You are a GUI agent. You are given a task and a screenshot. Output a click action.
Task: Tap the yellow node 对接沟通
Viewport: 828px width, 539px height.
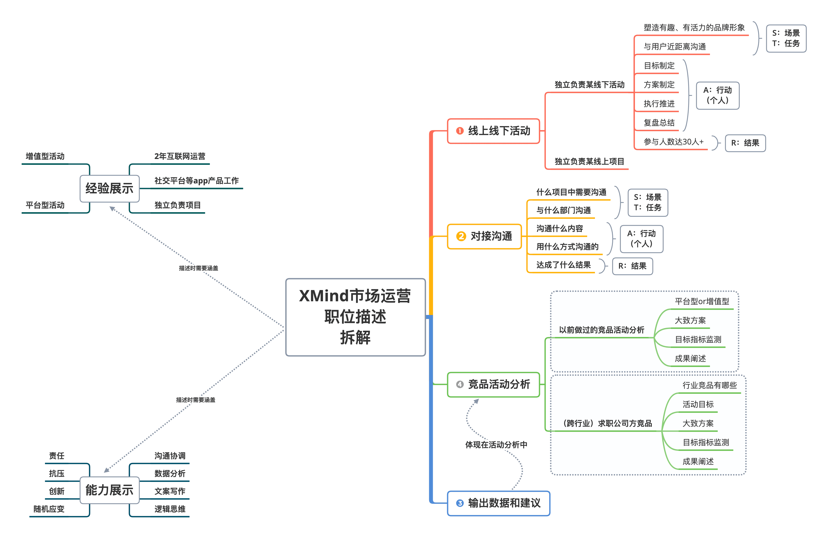484,236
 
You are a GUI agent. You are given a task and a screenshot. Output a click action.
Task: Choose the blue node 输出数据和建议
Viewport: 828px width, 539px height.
498,503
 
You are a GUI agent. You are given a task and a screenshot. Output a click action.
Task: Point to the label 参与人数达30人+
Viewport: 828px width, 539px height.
673,142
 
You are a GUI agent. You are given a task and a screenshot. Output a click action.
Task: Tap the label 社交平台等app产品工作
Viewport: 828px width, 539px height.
196,181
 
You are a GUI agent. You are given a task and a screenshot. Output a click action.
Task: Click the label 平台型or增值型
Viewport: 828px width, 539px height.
702,301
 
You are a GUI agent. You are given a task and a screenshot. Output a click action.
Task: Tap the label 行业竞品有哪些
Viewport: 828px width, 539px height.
709,385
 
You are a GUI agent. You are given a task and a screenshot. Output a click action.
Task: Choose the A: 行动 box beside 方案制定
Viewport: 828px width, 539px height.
717,95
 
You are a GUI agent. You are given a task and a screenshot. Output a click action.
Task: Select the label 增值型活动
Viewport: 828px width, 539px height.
45,156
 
